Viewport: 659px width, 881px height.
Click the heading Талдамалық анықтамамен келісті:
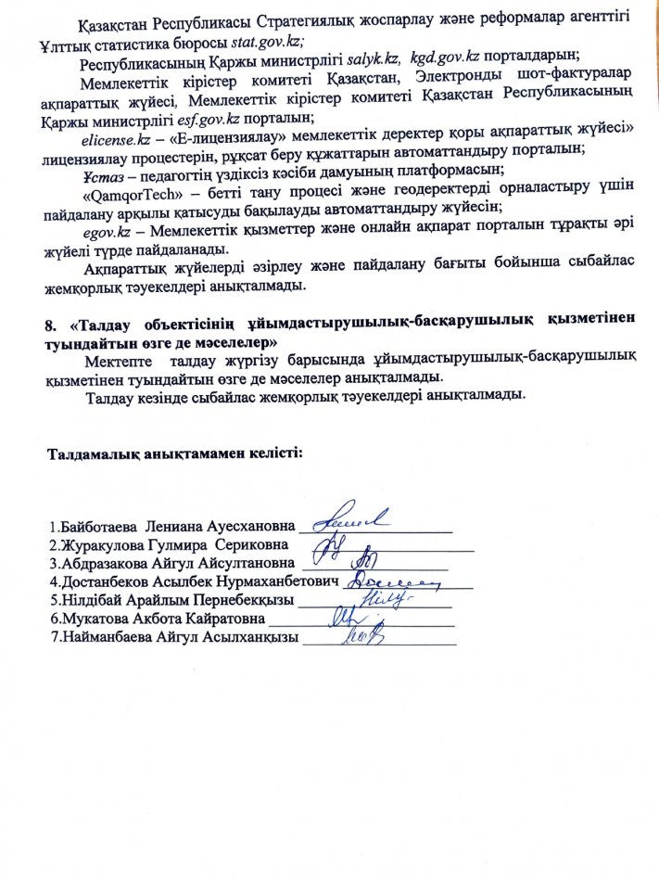[174, 454]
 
